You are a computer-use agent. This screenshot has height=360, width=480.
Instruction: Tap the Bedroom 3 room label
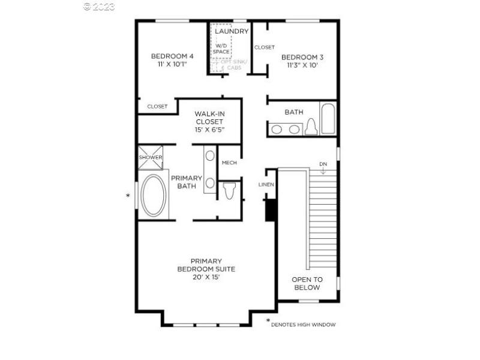(x=302, y=61)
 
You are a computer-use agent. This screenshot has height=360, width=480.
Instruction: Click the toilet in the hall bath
(x=311, y=127)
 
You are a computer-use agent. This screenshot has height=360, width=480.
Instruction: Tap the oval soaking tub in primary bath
(x=154, y=196)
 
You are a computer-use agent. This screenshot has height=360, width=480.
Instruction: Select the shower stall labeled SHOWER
(x=151, y=157)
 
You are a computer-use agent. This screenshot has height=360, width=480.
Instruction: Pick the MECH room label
(x=229, y=163)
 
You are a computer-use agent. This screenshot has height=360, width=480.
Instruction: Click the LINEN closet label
(x=266, y=184)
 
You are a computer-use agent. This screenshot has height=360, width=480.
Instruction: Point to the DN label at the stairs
(x=323, y=164)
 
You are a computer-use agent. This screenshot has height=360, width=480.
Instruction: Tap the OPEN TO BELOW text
(x=307, y=283)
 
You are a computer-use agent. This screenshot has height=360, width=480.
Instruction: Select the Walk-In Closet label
(x=209, y=122)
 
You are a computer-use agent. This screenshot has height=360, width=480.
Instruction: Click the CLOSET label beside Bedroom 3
(x=264, y=47)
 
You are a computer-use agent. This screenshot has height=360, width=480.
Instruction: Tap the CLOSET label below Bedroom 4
(x=157, y=106)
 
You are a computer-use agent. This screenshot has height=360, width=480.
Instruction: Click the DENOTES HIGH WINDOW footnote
(x=303, y=325)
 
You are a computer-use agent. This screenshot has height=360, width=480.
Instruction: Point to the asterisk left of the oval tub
(x=127, y=196)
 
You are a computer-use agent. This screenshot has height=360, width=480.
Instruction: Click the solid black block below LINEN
(x=270, y=209)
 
